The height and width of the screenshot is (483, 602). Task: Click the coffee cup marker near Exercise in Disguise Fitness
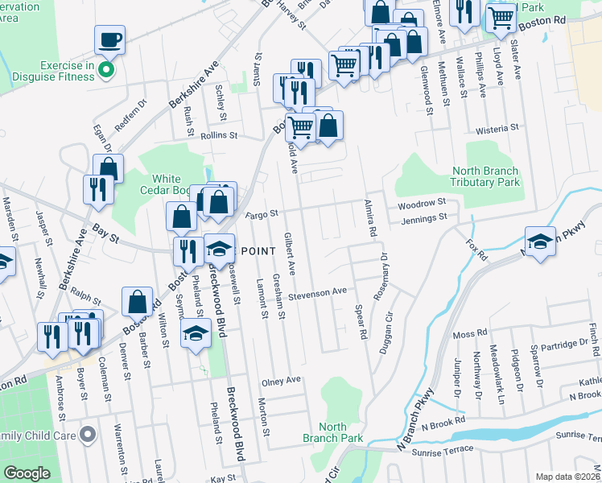coord(109,39)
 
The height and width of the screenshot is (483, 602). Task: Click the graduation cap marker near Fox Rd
coord(540,242)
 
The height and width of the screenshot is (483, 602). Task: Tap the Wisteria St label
coord(497,129)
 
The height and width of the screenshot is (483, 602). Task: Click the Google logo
coord(27,473)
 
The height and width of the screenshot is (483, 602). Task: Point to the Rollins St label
coord(219,137)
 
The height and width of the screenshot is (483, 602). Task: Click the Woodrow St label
coord(422,204)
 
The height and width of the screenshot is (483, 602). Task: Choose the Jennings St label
coord(423,218)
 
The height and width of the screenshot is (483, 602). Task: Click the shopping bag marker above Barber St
coord(137,302)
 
